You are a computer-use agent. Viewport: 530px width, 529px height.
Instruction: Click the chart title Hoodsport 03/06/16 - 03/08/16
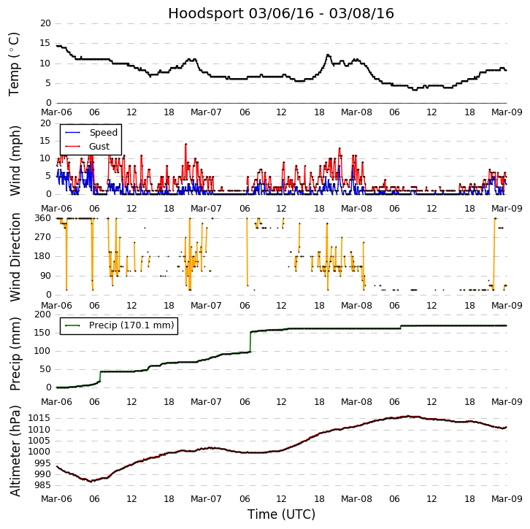281,14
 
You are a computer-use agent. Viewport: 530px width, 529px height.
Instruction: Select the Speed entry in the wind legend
103,133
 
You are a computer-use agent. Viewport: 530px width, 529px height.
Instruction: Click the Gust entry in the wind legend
99,147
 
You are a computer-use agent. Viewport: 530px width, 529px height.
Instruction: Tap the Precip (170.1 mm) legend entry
128,325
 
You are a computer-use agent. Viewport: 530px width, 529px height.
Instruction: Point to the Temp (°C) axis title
15,63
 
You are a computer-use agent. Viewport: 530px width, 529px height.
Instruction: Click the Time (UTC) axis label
281,514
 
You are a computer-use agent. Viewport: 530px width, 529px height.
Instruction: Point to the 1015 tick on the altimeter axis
39,418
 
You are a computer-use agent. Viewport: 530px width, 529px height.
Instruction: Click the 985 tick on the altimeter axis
42,485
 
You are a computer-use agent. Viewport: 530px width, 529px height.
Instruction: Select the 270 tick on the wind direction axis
42,237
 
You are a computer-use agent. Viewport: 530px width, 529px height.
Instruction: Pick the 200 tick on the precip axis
42,314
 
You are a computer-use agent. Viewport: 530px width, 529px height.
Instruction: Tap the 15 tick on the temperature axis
45,43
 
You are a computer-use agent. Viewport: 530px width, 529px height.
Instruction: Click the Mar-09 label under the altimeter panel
507,500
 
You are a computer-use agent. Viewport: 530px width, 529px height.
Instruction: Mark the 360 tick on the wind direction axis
42,218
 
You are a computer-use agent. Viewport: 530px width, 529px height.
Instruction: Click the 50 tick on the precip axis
45,369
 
